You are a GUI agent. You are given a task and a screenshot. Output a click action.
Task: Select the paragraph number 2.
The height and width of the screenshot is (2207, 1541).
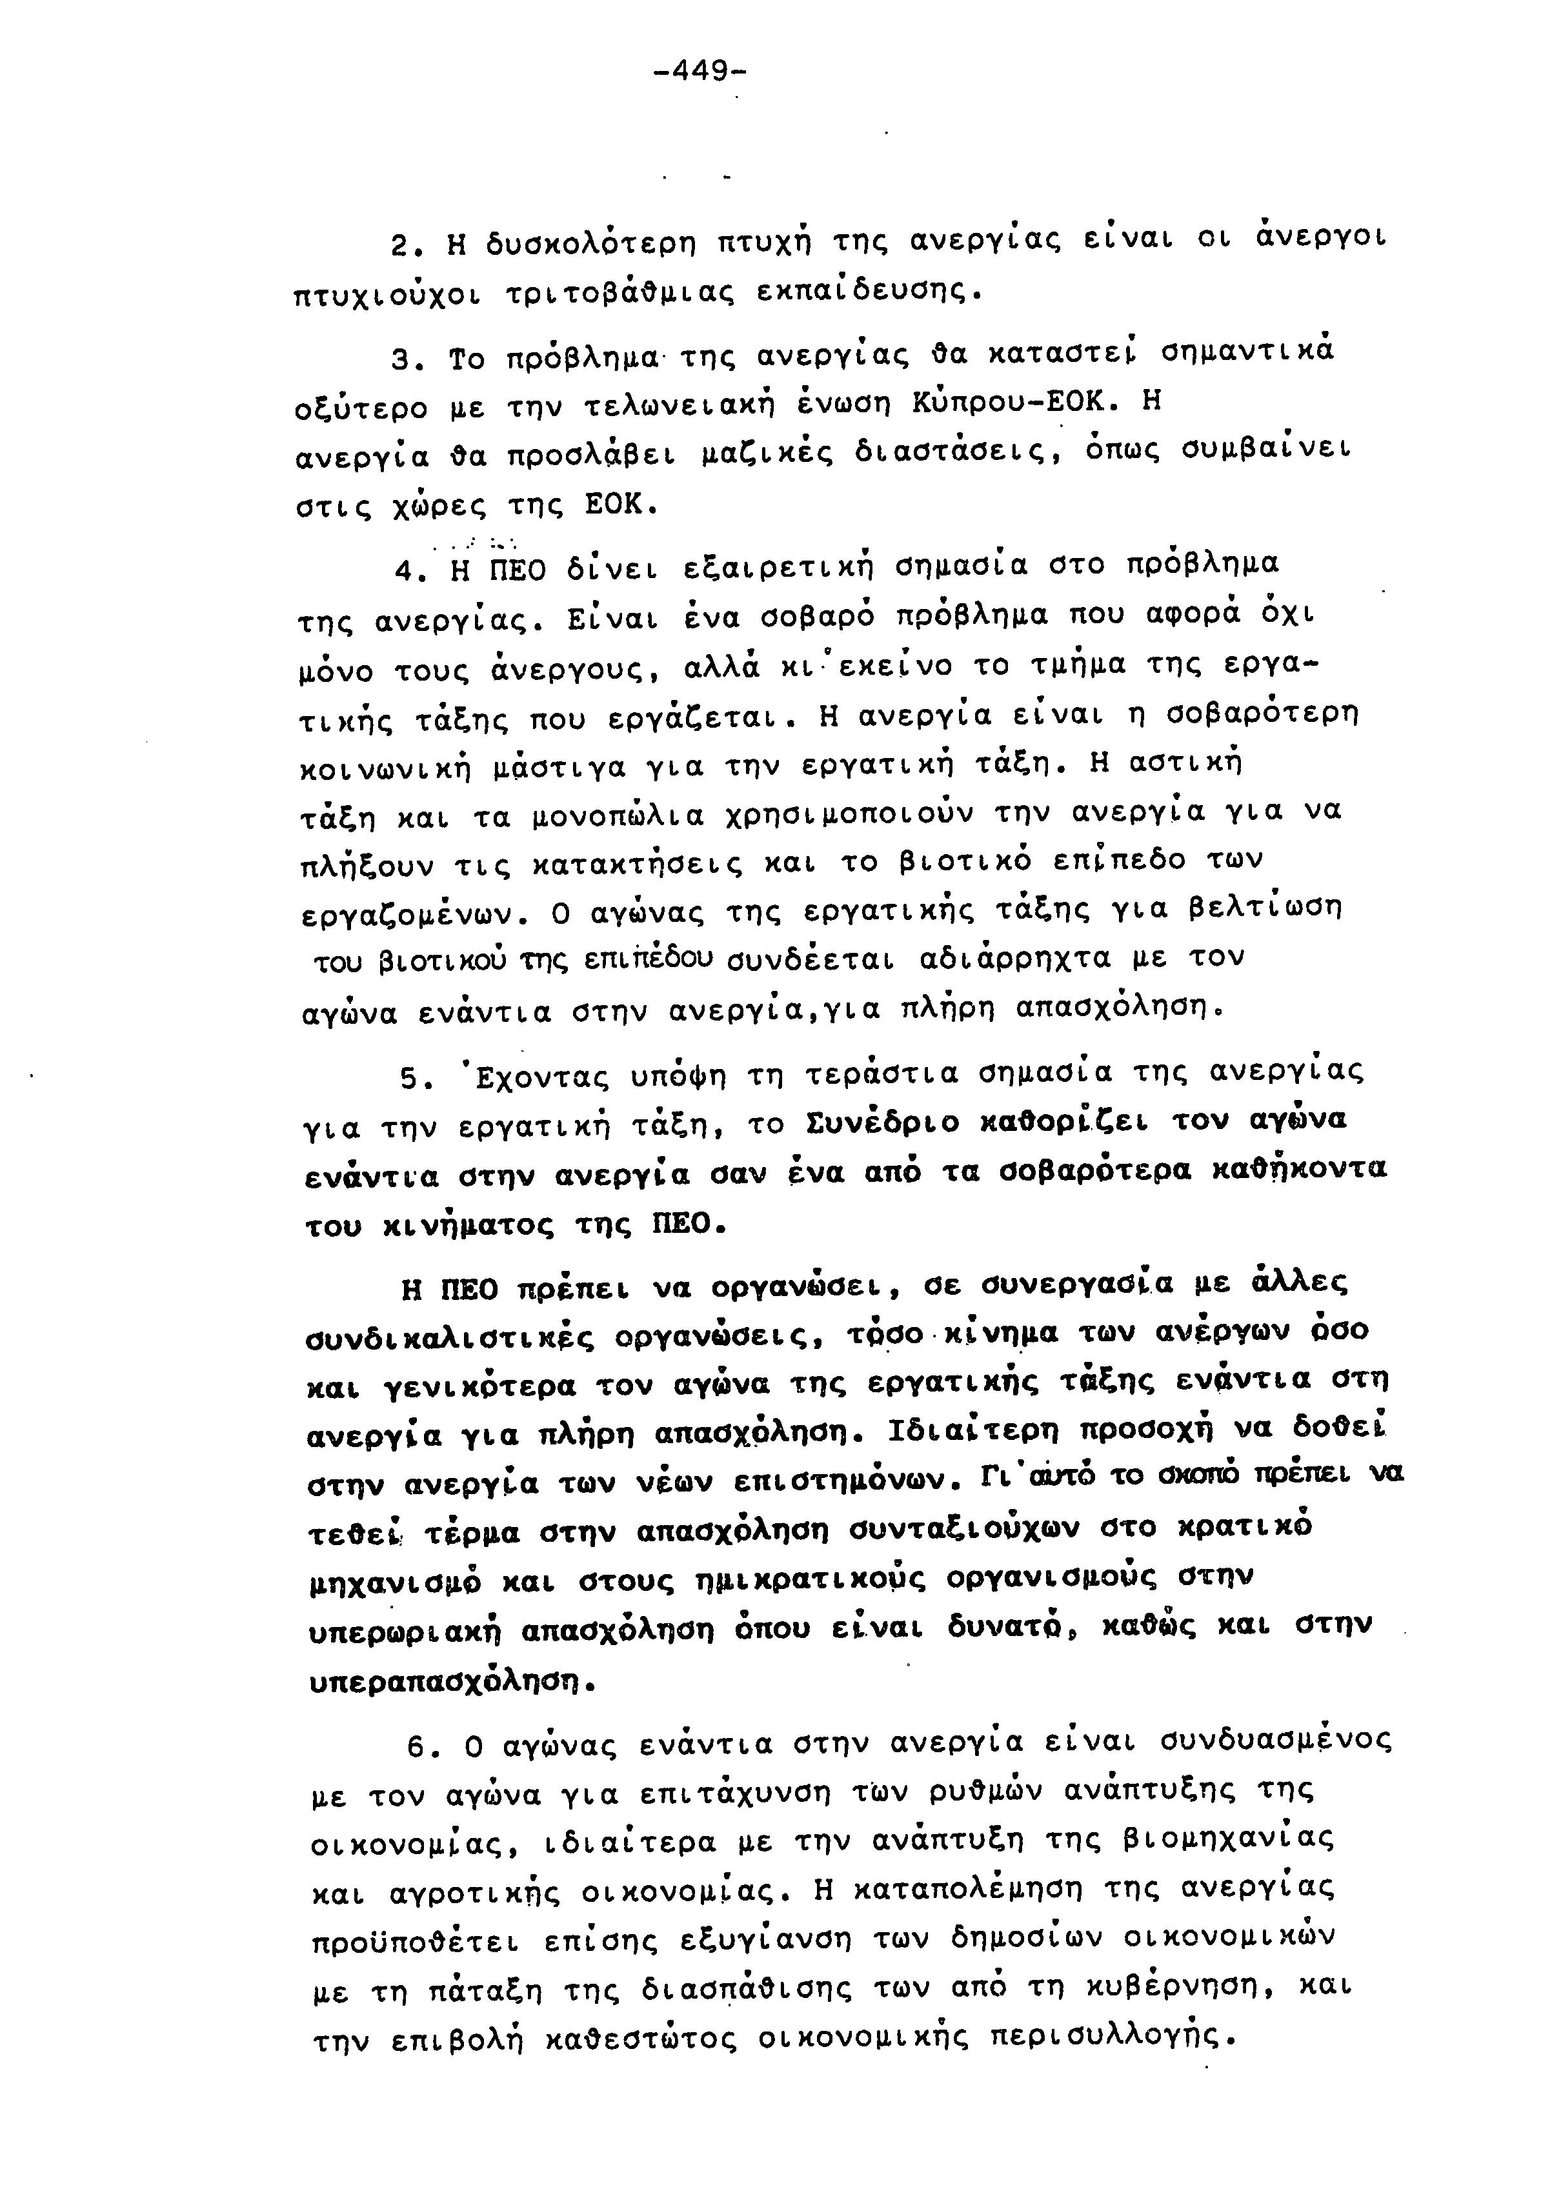click(402, 245)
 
